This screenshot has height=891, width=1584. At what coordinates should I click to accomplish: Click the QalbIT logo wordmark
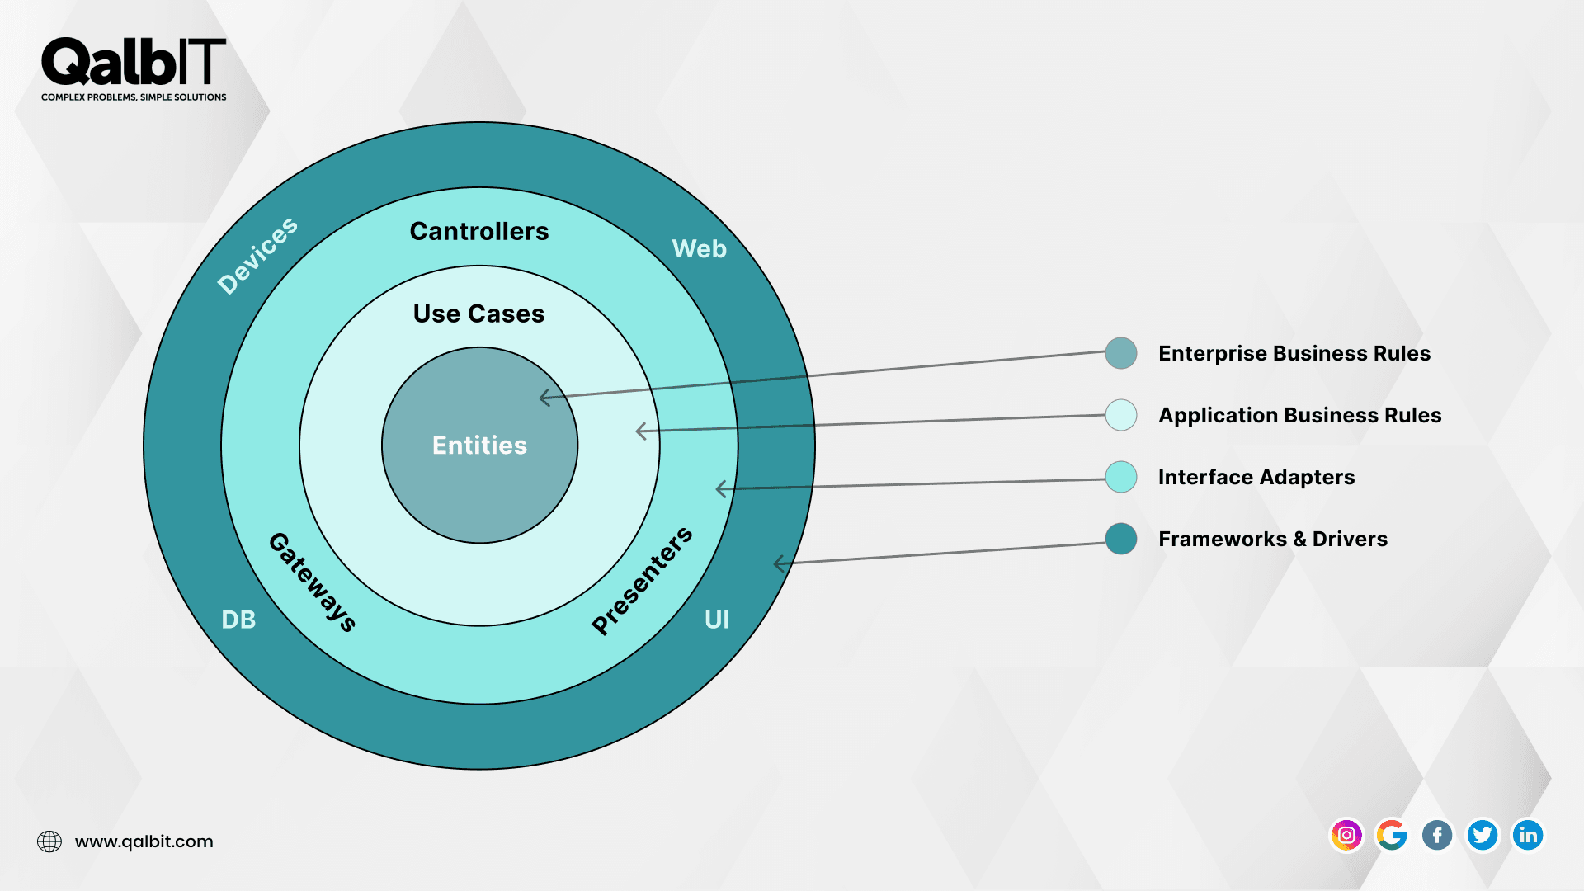[134, 63]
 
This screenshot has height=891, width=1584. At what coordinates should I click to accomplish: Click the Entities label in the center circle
[479, 445]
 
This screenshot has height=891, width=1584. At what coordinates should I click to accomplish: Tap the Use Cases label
[478, 313]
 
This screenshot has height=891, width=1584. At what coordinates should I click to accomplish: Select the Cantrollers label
[478, 231]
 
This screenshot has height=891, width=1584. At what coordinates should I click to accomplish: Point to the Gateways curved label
[313, 582]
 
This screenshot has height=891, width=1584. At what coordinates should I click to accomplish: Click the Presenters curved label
[643, 581]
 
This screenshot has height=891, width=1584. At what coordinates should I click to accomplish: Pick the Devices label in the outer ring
[257, 256]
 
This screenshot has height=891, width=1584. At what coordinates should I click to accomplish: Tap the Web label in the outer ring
[699, 248]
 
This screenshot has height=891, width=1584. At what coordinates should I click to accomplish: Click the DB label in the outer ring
[238, 620]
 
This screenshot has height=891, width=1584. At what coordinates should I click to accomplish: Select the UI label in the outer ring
[717, 620]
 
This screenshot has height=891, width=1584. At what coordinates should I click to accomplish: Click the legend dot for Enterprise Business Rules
[1121, 353]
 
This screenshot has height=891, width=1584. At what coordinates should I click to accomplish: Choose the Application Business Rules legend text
[1299, 415]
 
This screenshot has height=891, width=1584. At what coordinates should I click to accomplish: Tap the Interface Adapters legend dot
[1121, 477]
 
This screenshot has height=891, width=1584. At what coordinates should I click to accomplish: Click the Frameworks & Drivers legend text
[1272, 539]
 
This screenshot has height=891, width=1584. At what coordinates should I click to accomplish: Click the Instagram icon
[1346, 835]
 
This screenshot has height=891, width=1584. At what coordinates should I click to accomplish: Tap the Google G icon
[1392, 835]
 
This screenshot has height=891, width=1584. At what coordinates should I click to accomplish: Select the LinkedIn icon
[1528, 835]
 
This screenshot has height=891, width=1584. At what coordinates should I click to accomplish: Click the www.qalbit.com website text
[144, 841]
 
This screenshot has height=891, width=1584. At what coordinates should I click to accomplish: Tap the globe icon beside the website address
[49, 841]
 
